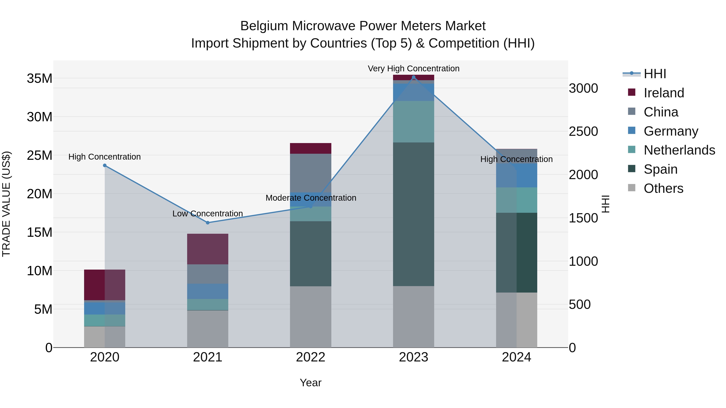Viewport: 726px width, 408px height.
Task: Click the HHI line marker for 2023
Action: click(x=413, y=77)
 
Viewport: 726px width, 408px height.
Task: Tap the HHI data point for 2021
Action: click(x=208, y=223)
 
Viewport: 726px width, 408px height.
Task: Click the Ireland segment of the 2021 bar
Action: click(x=208, y=249)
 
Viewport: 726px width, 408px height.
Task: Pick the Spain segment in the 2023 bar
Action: click(x=413, y=214)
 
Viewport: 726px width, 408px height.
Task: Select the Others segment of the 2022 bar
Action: click(x=311, y=317)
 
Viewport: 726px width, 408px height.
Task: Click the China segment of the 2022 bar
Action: click(x=311, y=173)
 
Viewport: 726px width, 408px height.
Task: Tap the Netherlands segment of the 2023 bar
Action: click(x=413, y=122)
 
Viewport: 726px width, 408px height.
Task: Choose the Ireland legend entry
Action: click(x=664, y=93)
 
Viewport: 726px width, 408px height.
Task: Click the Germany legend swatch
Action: click(x=632, y=131)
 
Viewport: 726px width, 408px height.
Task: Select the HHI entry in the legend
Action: click(x=655, y=74)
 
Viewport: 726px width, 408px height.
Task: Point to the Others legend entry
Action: click(x=663, y=188)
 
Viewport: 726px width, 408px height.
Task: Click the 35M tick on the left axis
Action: click(x=40, y=79)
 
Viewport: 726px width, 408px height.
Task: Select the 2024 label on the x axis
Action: click(x=516, y=357)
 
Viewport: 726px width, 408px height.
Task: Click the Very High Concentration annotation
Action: click(x=413, y=69)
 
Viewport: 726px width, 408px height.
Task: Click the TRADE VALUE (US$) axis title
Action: click(x=6, y=204)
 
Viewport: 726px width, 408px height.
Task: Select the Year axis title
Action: click(x=311, y=383)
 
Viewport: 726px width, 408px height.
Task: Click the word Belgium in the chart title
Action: click(x=264, y=26)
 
